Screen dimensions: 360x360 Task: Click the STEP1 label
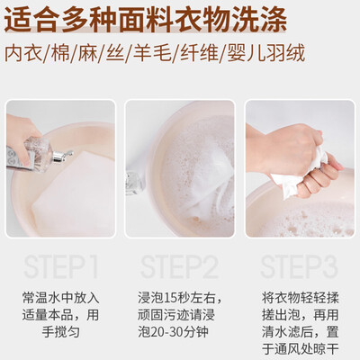[x=61, y=267]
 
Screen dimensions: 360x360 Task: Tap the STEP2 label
[x=179, y=267]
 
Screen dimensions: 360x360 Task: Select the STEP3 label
[x=300, y=267]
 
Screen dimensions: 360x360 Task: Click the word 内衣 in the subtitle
[x=23, y=53]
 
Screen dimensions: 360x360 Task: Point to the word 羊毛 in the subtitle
[x=152, y=53]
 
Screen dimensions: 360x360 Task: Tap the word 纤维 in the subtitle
[x=199, y=53]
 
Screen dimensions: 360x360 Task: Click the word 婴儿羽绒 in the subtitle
[x=266, y=53]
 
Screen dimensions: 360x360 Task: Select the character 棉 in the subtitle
[x=60, y=53]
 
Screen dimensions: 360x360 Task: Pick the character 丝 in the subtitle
[x=115, y=53]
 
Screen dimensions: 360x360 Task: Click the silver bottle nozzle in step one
[x=62, y=157]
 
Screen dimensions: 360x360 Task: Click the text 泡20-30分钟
[x=173, y=332]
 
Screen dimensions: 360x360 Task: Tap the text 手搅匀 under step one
[x=61, y=332]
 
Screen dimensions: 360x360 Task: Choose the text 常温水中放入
[x=61, y=298]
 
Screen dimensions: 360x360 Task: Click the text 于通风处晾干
[x=300, y=349]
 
